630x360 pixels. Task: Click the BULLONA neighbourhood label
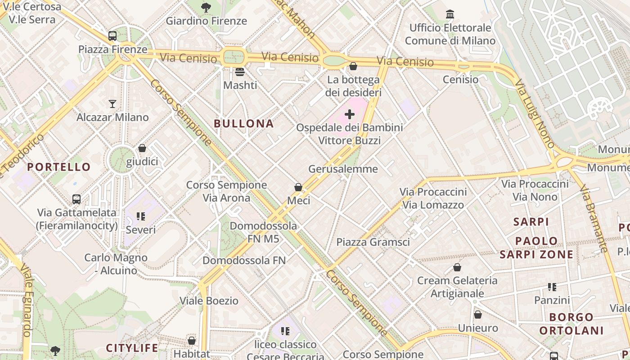(243, 124)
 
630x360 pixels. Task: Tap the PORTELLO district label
(59, 167)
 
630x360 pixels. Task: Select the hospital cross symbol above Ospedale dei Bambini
(350, 114)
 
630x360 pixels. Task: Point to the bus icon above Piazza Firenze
(112, 36)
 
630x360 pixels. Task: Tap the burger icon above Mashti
(240, 72)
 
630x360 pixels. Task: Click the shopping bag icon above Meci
(298, 187)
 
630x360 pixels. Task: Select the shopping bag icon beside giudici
(142, 148)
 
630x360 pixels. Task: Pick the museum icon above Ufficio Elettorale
(450, 14)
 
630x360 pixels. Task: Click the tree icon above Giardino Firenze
(206, 7)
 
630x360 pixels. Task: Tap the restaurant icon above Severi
(141, 217)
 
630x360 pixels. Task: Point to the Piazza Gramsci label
(373, 242)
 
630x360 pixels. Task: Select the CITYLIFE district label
(132, 348)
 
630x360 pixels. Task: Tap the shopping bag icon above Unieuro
(478, 315)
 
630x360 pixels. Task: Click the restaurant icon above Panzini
(552, 287)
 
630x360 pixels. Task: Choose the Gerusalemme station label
(343, 169)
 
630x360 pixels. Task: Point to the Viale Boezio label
(209, 301)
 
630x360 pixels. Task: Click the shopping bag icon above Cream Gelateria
(457, 267)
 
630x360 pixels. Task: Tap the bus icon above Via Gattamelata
(76, 199)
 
